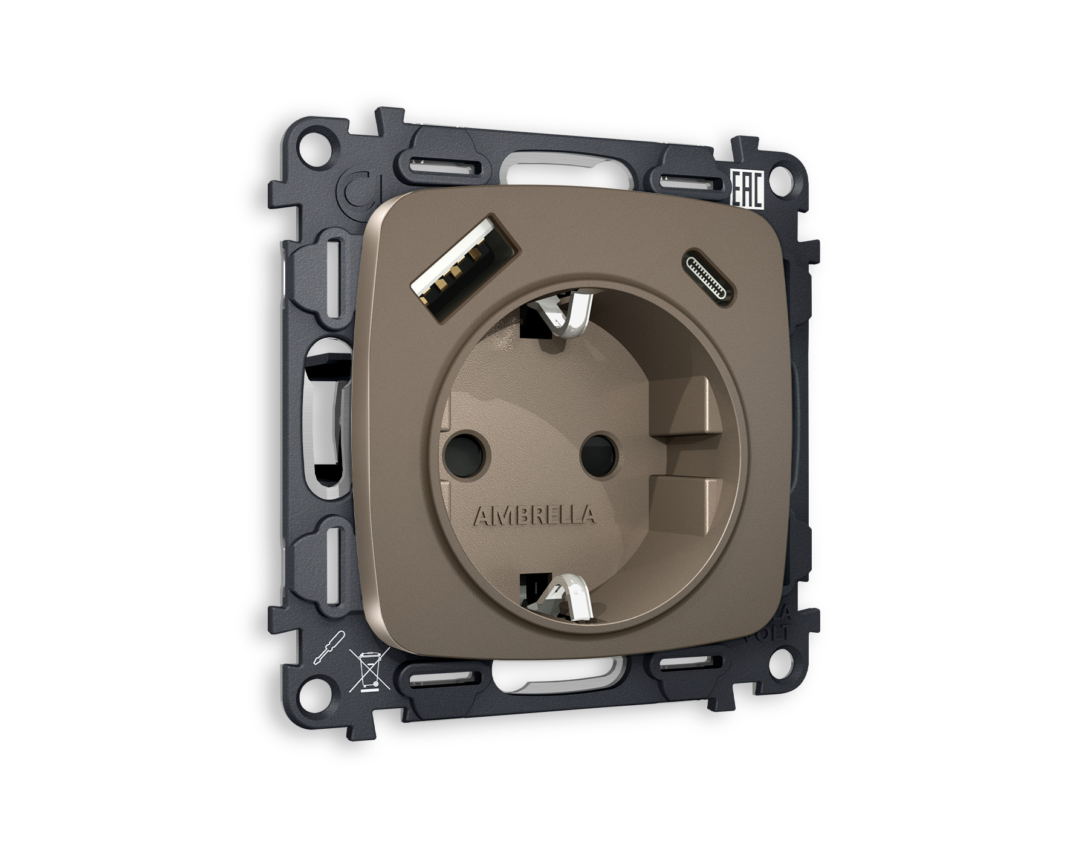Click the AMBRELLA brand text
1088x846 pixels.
pyautogui.click(x=534, y=515)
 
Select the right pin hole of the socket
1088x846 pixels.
pyautogui.click(x=598, y=454)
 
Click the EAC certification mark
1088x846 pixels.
pyautogui.click(x=748, y=190)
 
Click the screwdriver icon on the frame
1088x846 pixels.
pyautogui.click(x=329, y=647)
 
